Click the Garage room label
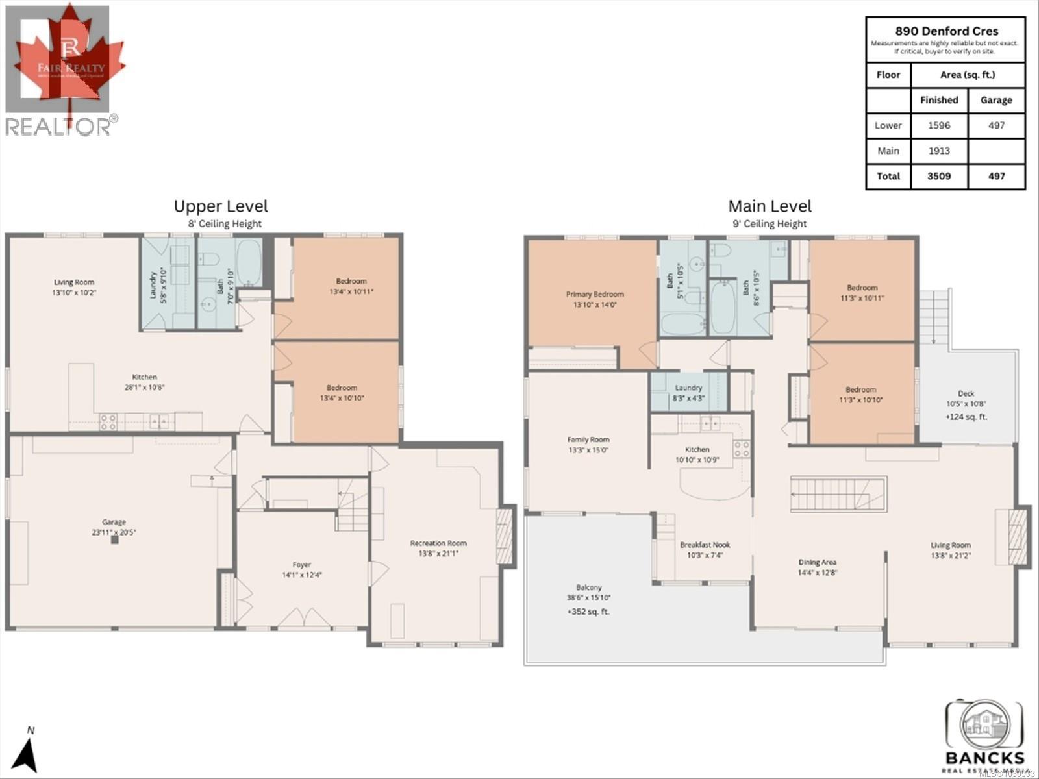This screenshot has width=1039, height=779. [114, 522]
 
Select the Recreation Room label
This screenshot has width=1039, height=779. [438, 543]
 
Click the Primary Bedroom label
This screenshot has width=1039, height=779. [595, 294]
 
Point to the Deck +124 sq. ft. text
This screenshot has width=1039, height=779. [966, 417]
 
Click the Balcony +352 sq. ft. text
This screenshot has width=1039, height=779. [588, 612]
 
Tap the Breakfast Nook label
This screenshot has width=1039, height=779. [705, 545]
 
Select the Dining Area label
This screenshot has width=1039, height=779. [817, 562]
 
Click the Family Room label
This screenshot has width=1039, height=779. [588, 439]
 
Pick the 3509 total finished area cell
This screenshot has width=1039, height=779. [939, 176]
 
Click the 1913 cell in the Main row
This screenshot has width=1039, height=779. [939, 151]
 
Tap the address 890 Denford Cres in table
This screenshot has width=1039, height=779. [946, 31]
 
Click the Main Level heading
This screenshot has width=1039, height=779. [770, 206]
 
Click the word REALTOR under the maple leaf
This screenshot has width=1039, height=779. [58, 127]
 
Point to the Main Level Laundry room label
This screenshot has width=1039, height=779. [688, 388]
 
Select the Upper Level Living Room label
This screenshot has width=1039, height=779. [73, 282]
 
